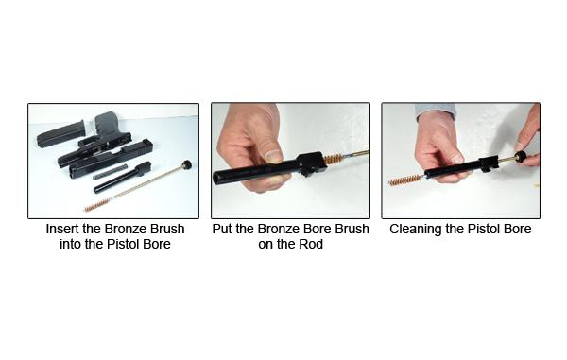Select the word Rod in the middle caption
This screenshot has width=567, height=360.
[x=313, y=244]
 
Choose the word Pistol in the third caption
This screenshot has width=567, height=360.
[x=484, y=229]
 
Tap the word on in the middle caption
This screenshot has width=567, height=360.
[x=266, y=245]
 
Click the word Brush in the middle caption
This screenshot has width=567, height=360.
[x=352, y=229]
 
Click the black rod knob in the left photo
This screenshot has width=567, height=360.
[x=187, y=164]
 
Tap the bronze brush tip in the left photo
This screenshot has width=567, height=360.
[x=94, y=206]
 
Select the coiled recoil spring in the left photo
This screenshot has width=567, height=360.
[x=110, y=172]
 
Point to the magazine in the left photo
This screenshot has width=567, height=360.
[x=61, y=134]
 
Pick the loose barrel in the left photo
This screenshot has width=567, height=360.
[x=122, y=178]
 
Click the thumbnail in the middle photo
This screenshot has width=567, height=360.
[x=273, y=156]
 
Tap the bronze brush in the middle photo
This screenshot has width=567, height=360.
[x=333, y=159]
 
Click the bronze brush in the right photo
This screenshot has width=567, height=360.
[x=404, y=180]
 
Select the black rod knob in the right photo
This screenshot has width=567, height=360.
[x=521, y=157]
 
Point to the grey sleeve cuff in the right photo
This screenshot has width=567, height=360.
[x=435, y=110]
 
